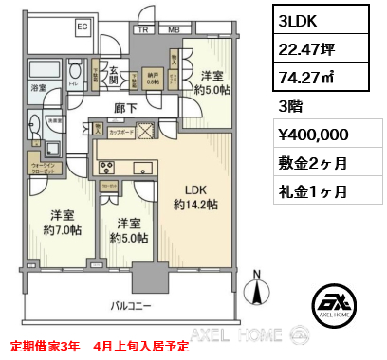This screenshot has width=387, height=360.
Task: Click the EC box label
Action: point(82,27)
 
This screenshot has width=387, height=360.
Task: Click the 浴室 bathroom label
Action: point(39,87)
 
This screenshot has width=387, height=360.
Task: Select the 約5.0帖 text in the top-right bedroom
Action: point(212,91)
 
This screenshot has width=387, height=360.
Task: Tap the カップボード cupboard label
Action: point(120,132)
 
